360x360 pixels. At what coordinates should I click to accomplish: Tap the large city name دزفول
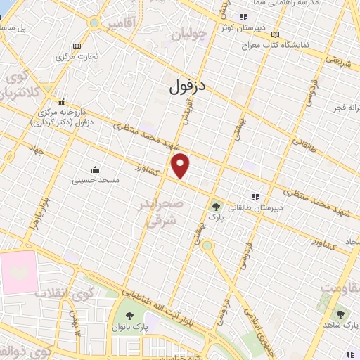(189, 86)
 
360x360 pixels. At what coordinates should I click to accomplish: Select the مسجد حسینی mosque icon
(96, 169)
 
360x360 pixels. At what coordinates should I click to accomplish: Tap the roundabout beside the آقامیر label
(94, 22)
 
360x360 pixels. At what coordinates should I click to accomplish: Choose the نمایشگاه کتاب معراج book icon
(275, 34)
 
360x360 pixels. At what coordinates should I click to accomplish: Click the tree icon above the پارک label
(216, 207)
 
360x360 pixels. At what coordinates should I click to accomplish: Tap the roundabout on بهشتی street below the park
(207, 245)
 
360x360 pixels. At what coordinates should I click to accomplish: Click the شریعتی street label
(335, 63)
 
